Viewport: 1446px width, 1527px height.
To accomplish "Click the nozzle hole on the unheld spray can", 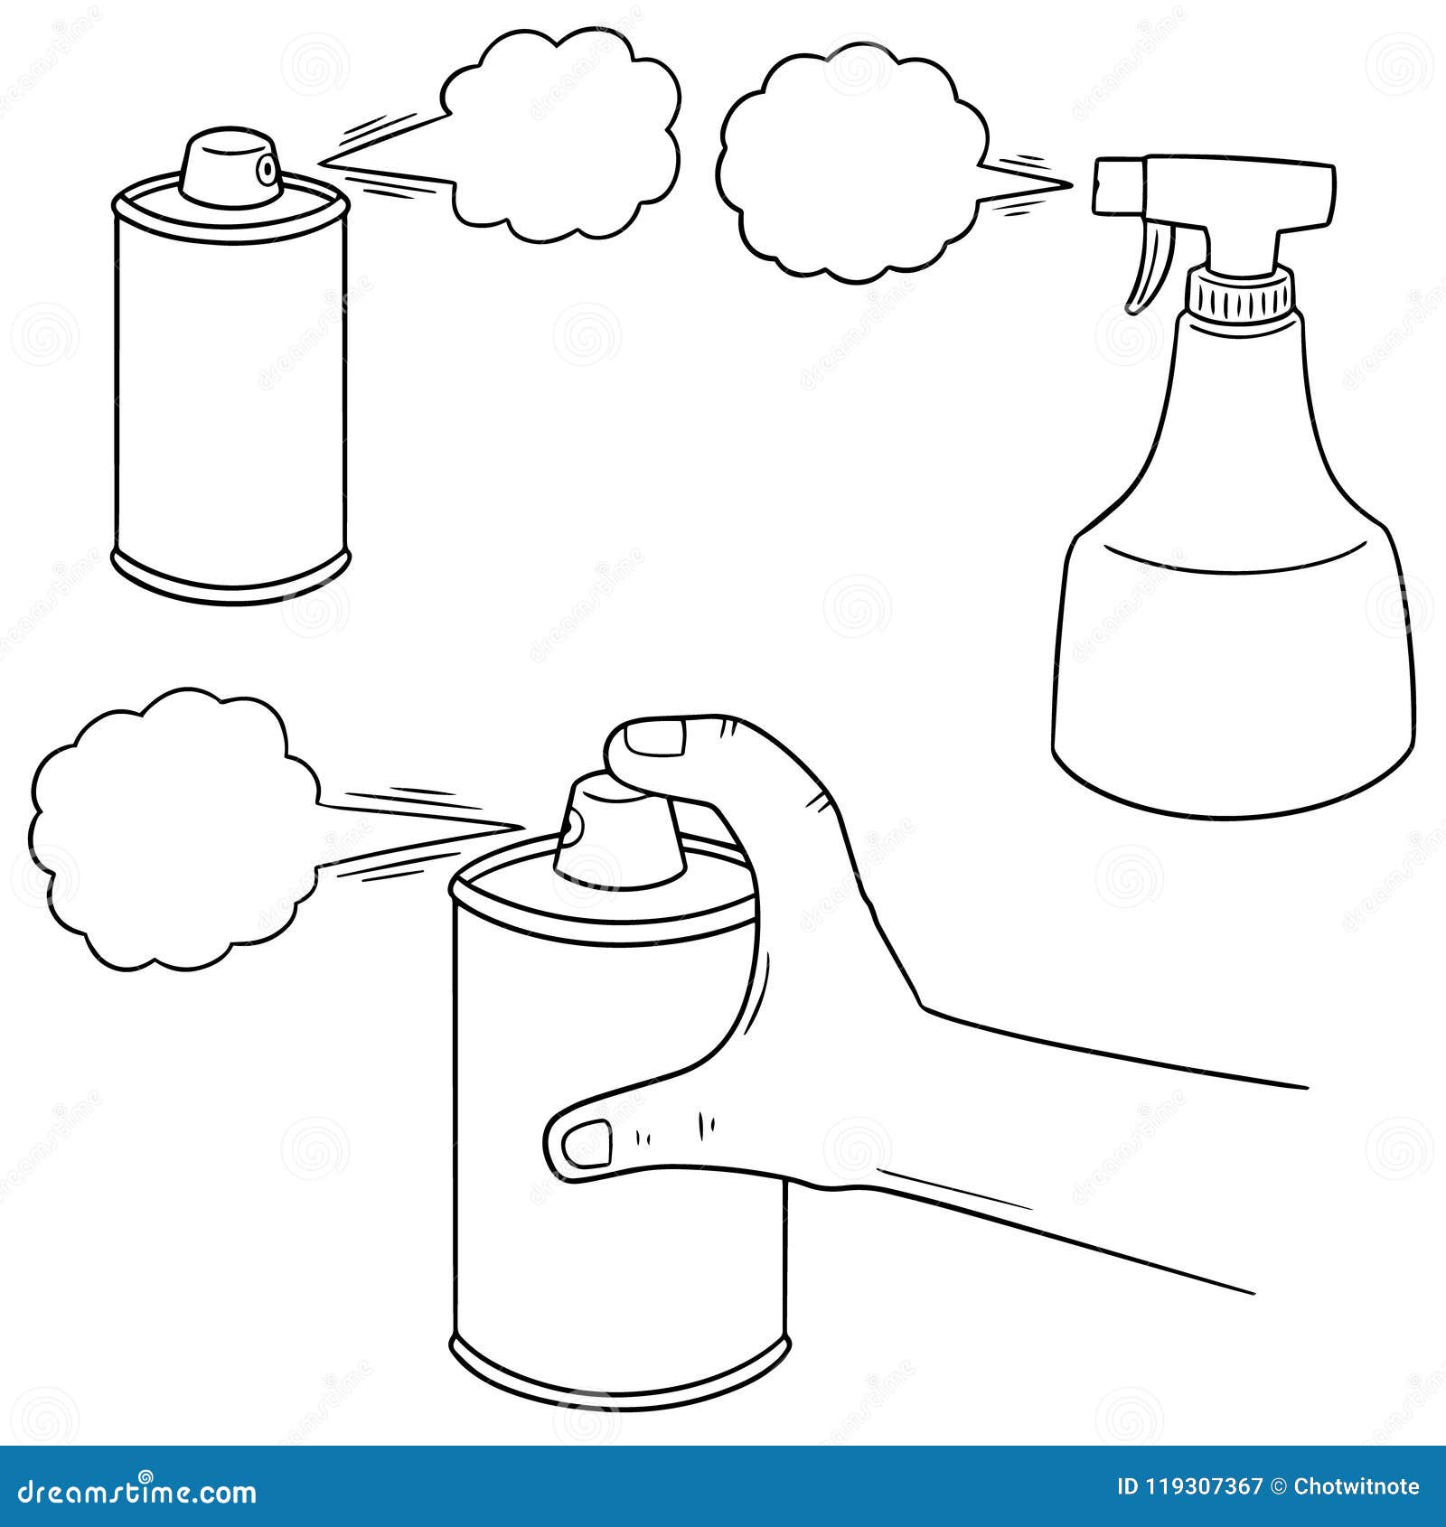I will (x=265, y=167).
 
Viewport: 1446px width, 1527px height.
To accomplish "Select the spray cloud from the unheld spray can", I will (x=560, y=136).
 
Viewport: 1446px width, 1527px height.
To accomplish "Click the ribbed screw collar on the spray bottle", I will (x=1240, y=295).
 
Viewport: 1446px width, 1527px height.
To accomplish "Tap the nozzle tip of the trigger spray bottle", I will (x=1104, y=186).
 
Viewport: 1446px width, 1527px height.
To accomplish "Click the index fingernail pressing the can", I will (x=654, y=739).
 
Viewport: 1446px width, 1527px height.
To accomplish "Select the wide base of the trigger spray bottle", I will (x=1234, y=687).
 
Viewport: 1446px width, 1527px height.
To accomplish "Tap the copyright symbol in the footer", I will (x=1279, y=1486).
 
